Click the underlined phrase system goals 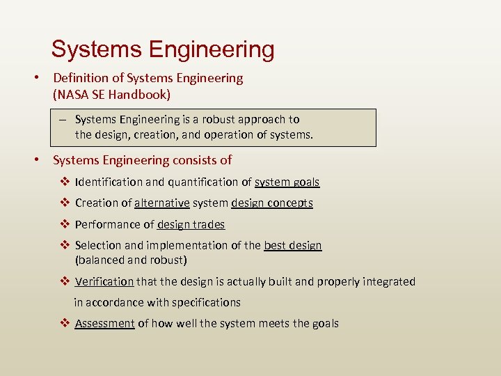(x=287, y=182)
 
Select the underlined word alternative (x=161, y=203)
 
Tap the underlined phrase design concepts (x=271, y=203)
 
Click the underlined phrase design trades (x=191, y=224)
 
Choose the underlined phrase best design (x=292, y=245)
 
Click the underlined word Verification (x=104, y=281)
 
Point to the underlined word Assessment (x=104, y=323)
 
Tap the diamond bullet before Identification (x=64, y=182)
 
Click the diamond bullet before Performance (x=64, y=224)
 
